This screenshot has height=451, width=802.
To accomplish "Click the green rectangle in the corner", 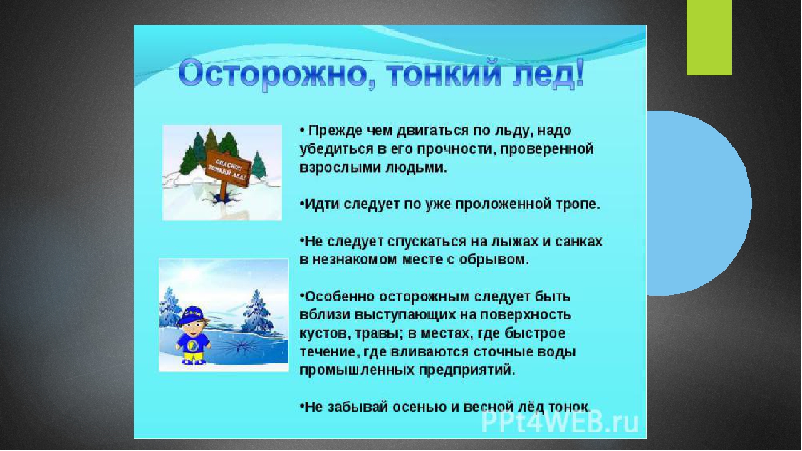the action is tap(709, 37).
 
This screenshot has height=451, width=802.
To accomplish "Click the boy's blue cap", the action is tap(191, 314).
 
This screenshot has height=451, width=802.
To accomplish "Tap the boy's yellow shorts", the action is tap(193, 355).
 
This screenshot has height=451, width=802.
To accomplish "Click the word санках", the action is tap(579, 242).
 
